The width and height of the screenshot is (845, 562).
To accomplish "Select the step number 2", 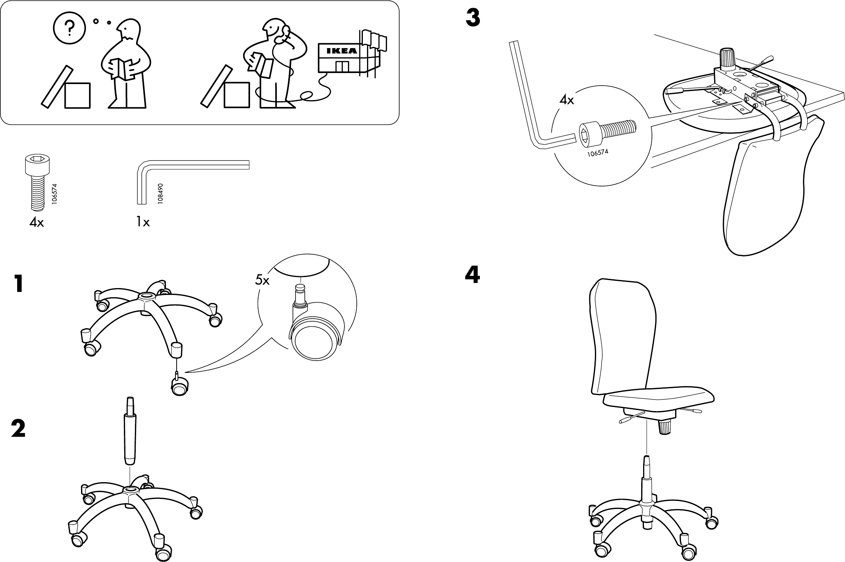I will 18,429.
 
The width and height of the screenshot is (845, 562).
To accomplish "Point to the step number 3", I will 473,18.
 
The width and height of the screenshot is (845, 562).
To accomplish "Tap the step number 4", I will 473,275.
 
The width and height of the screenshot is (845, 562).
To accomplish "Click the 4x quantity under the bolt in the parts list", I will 37,222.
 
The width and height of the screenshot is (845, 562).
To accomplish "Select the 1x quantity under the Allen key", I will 143,222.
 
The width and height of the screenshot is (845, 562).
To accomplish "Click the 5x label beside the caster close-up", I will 262,281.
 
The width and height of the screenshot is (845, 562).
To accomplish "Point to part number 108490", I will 161,193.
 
